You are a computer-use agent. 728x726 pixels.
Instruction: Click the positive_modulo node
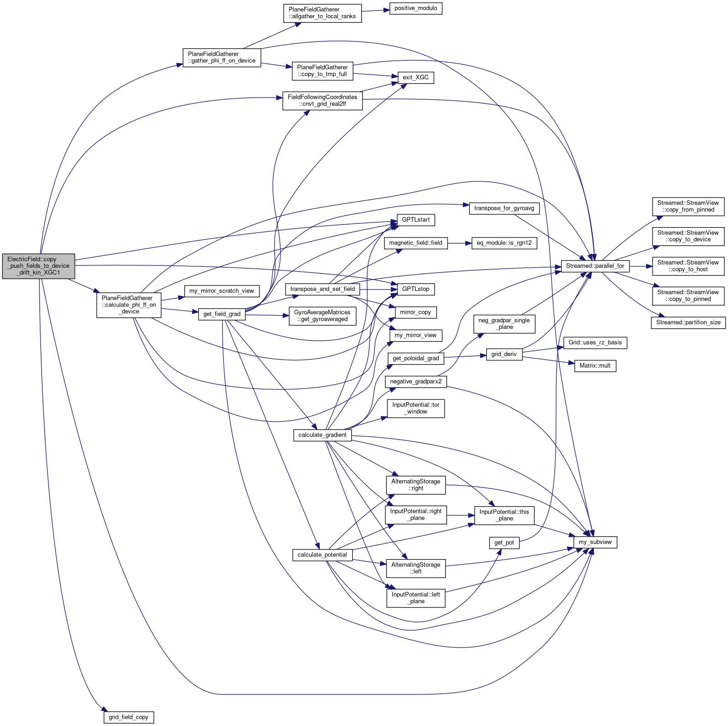click(x=416, y=8)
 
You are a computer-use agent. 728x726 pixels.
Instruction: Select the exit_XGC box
click(x=416, y=78)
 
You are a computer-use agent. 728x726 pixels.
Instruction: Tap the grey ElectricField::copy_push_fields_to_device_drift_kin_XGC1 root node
click(x=38, y=266)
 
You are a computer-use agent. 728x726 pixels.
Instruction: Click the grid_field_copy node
click(x=129, y=717)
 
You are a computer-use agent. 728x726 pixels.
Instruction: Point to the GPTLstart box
click(x=416, y=220)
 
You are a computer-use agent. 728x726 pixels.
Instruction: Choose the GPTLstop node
click(x=416, y=289)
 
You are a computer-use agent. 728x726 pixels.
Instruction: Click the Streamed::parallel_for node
click(x=595, y=266)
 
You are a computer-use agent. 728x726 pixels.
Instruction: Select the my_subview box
click(x=595, y=542)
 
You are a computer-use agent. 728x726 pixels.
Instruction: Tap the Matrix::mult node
click(x=595, y=366)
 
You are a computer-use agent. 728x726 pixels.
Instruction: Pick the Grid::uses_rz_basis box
click(x=595, y=342)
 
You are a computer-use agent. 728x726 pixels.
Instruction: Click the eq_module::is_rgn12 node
click(x=504, y=243)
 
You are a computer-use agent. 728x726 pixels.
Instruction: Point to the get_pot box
click(x=504, y=543)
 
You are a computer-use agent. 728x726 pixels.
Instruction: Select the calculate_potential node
click(x=322, y=555)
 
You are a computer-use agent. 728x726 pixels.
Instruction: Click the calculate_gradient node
click(x=322, y=435)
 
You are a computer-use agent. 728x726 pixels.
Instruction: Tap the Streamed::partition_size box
click(x=688, y=322)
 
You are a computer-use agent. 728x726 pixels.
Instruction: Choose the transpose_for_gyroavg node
click(x=504, y=208)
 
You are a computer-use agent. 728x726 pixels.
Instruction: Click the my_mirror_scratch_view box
click(x=222, y=291)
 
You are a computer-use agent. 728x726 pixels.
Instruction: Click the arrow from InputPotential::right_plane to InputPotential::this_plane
click(x=460, y=515)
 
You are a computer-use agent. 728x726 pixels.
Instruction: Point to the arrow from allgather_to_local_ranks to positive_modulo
click(x=375, y=10)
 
